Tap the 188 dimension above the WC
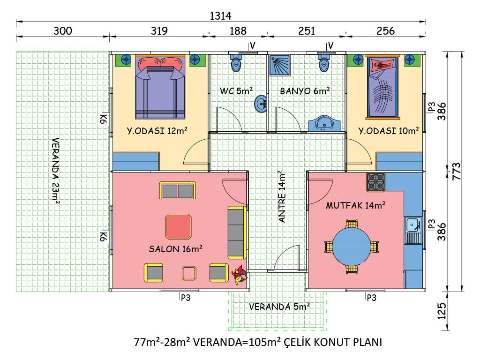pyautogui.click(x=238, y=31)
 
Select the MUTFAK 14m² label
pyautogui.click(x=356, y=205)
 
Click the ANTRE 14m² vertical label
pyautogui.click(x=282, y=196)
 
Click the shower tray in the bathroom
pyautogui.click(x=279, y=65)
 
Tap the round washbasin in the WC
pyautogui.click(x=261, y=104)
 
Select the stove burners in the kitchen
pyautogui.click(x=376, y=181)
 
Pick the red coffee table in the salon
pyautogui.click(x=178, y=227)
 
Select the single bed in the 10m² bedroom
pyautogui.click(x=383, y=87)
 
